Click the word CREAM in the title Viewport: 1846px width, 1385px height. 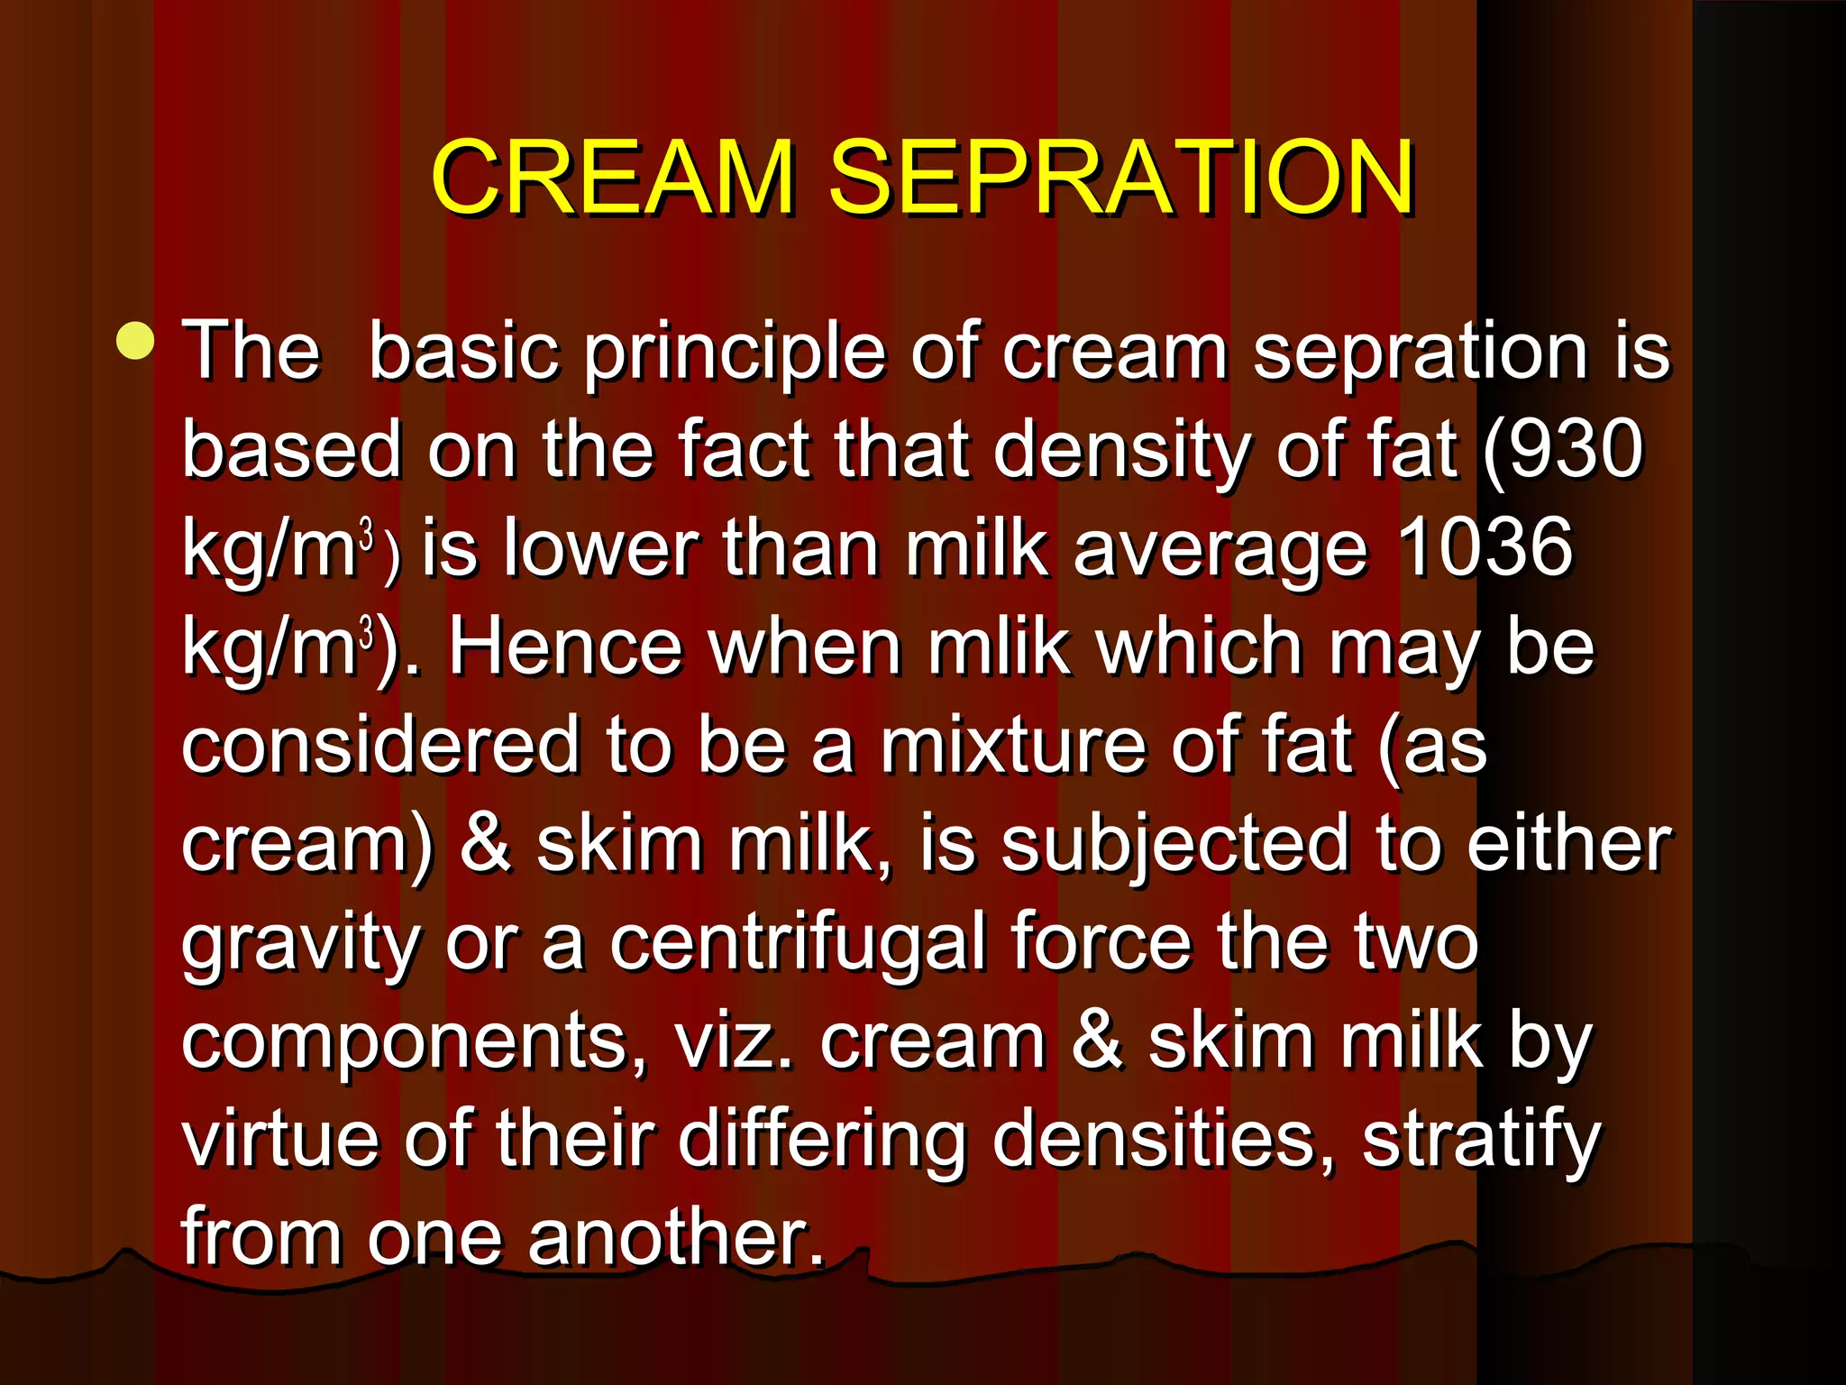click(x=613, y=178)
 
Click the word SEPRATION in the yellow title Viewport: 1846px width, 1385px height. click(x=1120, y=178)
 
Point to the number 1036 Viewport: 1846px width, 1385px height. click(x=1485, y=547)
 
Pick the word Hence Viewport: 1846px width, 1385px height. click(x=565, y=647)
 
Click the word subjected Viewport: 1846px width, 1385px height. click(x=1175, y=846)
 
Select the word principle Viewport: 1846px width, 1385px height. click(x=734, y=353)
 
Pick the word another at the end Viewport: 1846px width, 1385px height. click(x=676, y=1238)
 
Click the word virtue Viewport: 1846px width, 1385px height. click(x=280, y=1139)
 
